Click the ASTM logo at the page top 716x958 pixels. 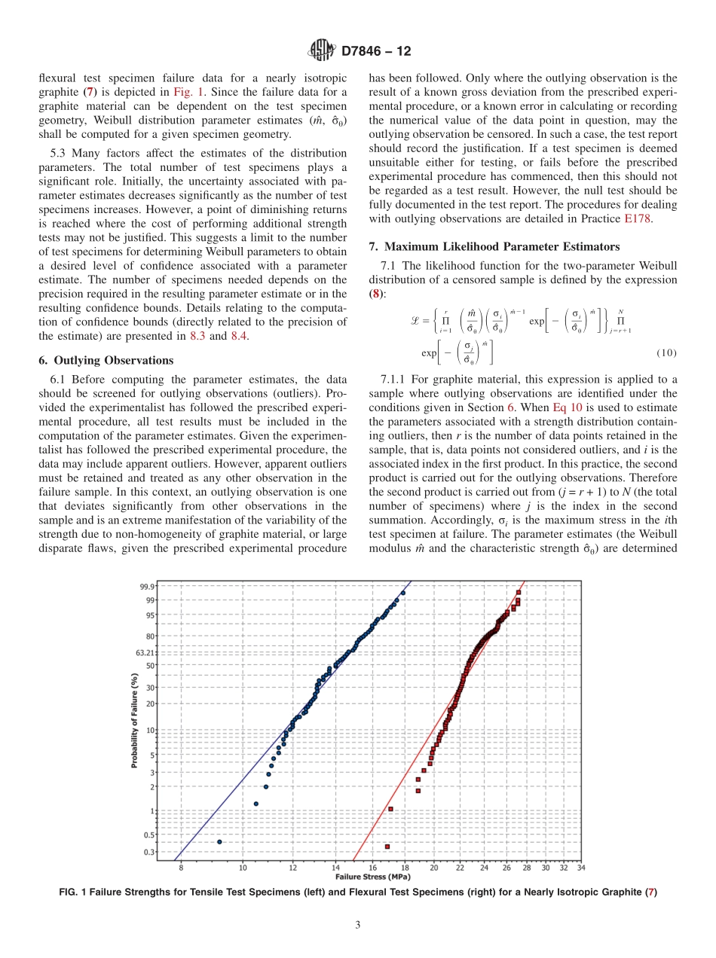tap(321, 51)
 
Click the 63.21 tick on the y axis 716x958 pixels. tap(146, 653)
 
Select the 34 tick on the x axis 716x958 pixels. tap(580, 868)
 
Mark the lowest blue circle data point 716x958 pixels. tap(219, 841)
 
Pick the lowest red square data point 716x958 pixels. tap(387, 847)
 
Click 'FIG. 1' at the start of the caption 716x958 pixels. tap(75, 892)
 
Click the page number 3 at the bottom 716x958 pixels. tap(357, 925)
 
